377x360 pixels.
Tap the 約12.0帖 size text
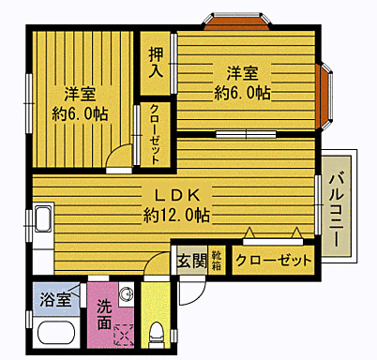[176, 215]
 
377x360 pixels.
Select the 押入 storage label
[156, 61]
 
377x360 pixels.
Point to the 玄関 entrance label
[190, 261]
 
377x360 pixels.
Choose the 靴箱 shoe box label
[217, 260]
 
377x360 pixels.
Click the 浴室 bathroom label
[54, 300]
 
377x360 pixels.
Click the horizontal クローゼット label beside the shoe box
[274, 260]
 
